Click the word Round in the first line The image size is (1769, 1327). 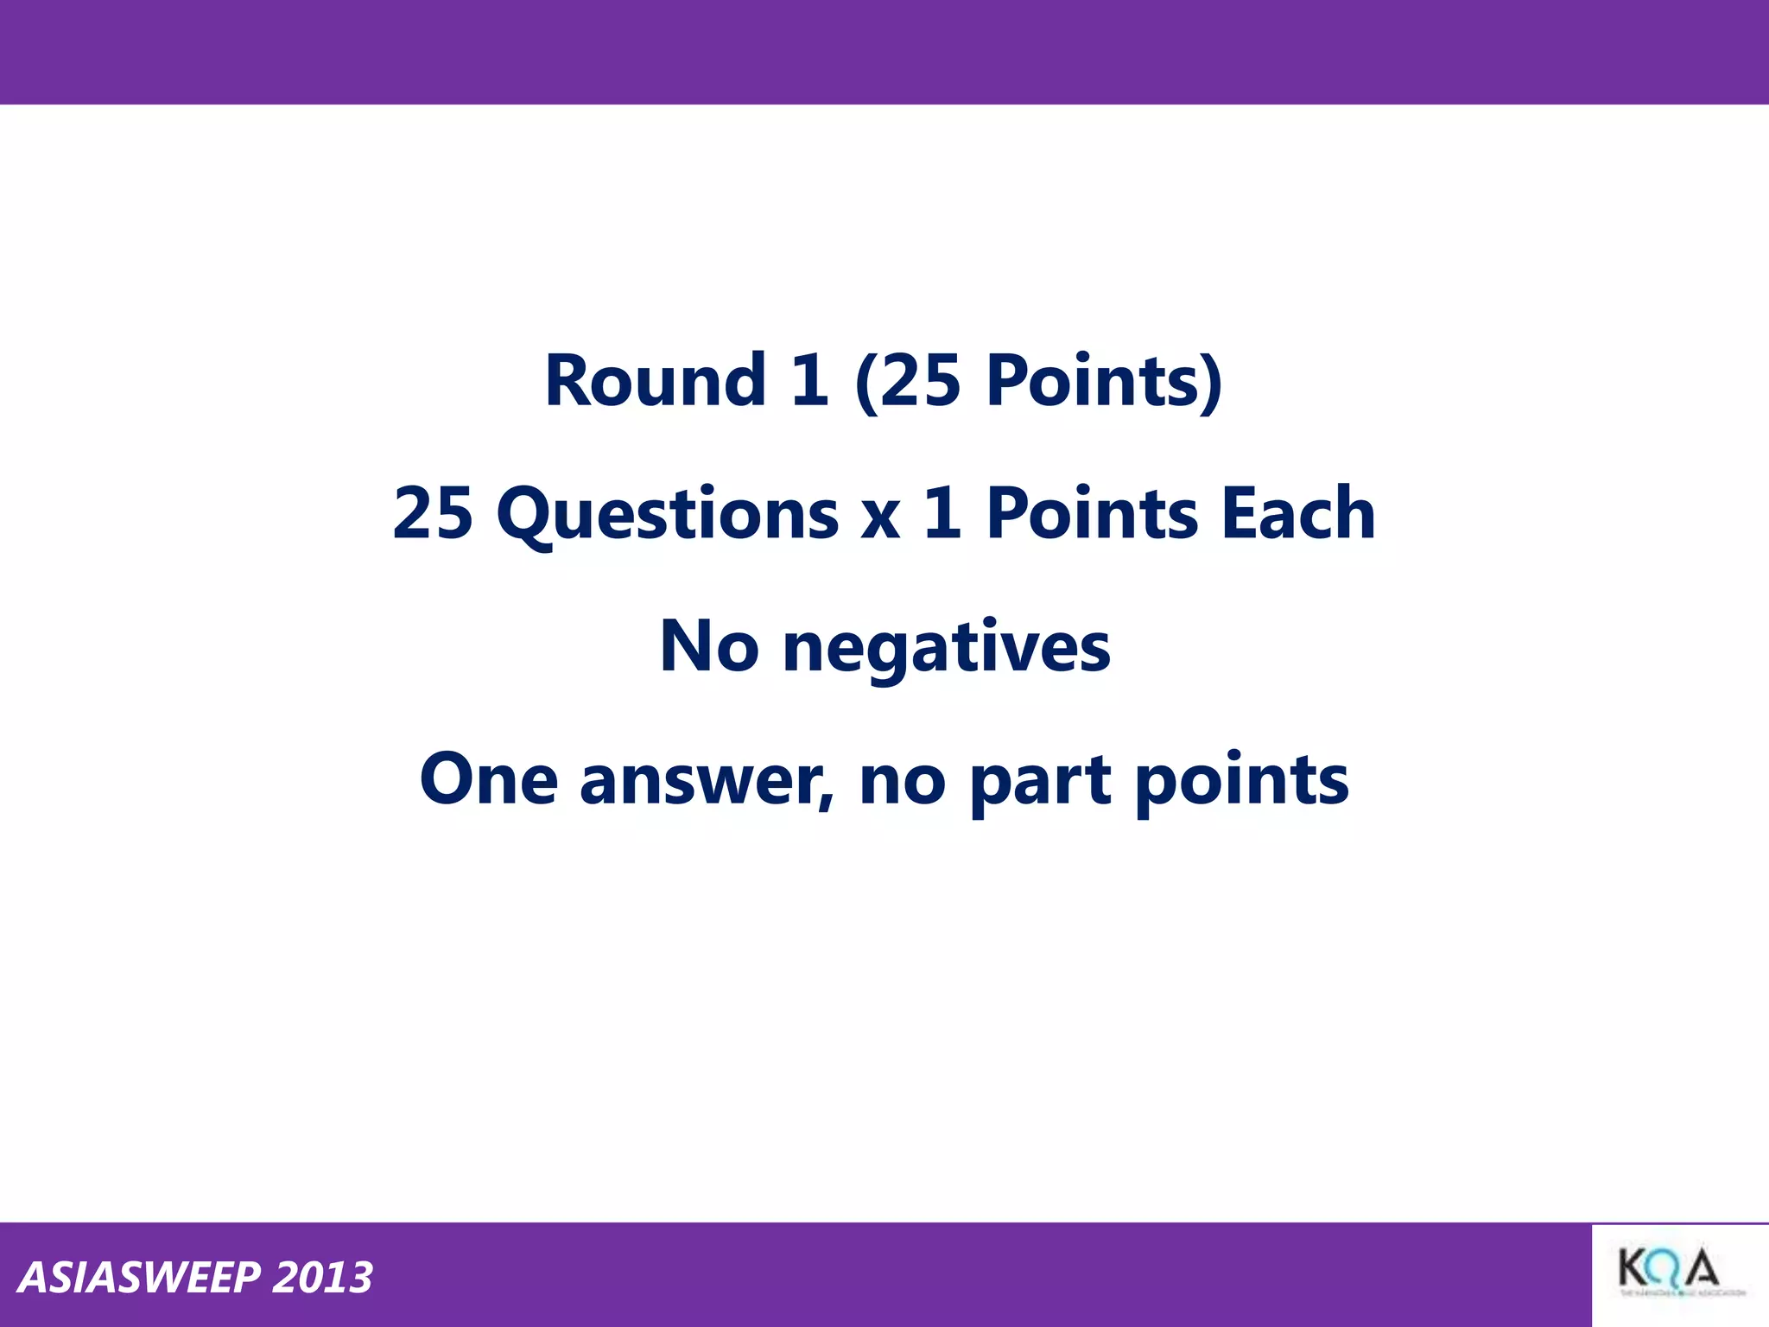(655, 381)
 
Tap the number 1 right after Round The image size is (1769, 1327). (809, 381)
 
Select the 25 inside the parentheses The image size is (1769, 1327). (921, 381)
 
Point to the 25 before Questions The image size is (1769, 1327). (433, 513)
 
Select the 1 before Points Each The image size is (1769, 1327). (942, 513)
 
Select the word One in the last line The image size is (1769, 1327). (489, 779)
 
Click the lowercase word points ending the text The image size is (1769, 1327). (1242, 781)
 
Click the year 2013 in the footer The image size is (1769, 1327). (322, 1278)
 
